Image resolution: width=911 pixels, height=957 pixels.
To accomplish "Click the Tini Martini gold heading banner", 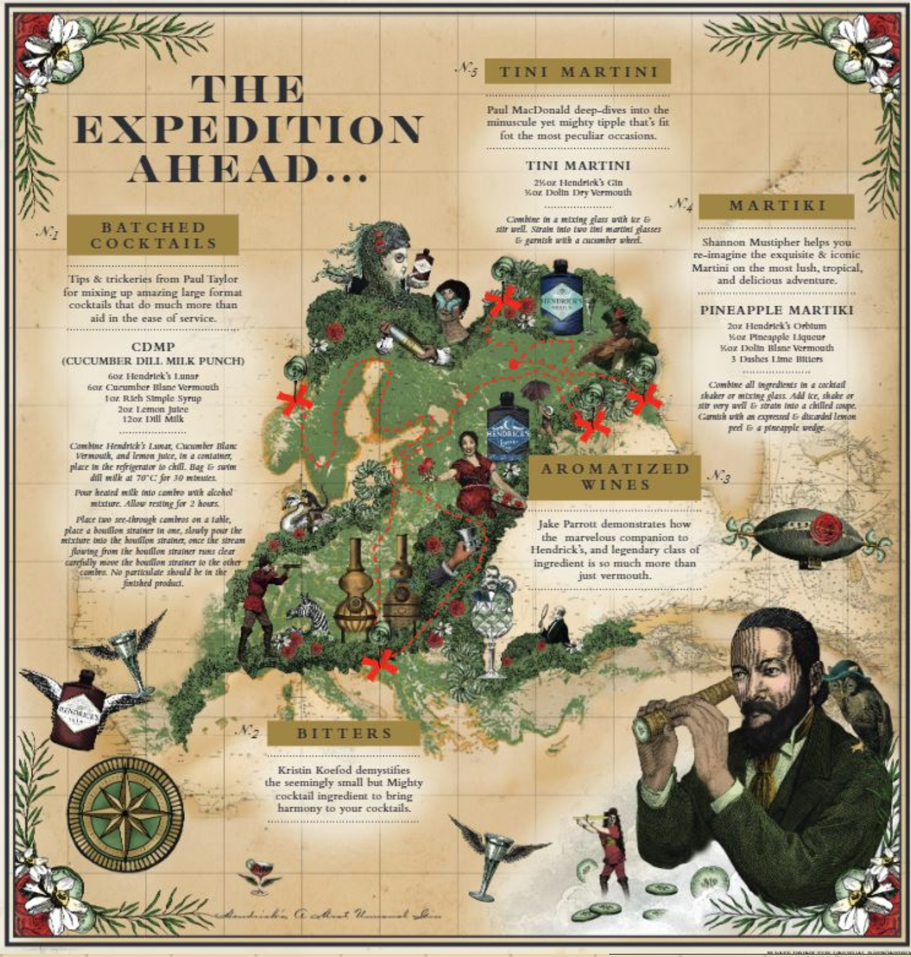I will [577, 72].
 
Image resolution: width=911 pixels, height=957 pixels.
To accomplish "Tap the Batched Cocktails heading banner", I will [153, 235].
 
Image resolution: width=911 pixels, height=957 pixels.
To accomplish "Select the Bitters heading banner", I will [344, 733].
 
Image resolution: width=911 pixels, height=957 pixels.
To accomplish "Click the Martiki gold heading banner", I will [777, 205].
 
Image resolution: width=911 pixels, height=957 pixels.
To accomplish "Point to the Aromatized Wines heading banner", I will [615, 477].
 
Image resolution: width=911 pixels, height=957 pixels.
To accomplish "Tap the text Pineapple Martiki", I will [777, 310].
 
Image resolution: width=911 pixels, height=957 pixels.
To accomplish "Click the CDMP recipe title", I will [153, 347].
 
